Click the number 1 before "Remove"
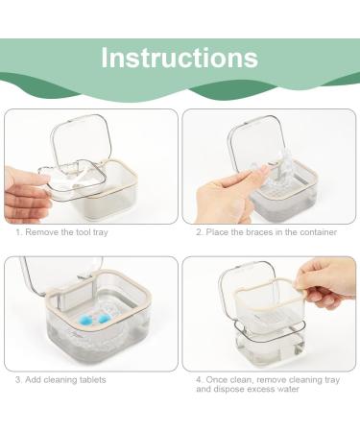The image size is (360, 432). coord(17,231)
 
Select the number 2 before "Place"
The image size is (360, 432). coord(199,231)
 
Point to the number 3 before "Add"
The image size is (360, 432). coord(17,379)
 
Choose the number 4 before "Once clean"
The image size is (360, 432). coord(199,379)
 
